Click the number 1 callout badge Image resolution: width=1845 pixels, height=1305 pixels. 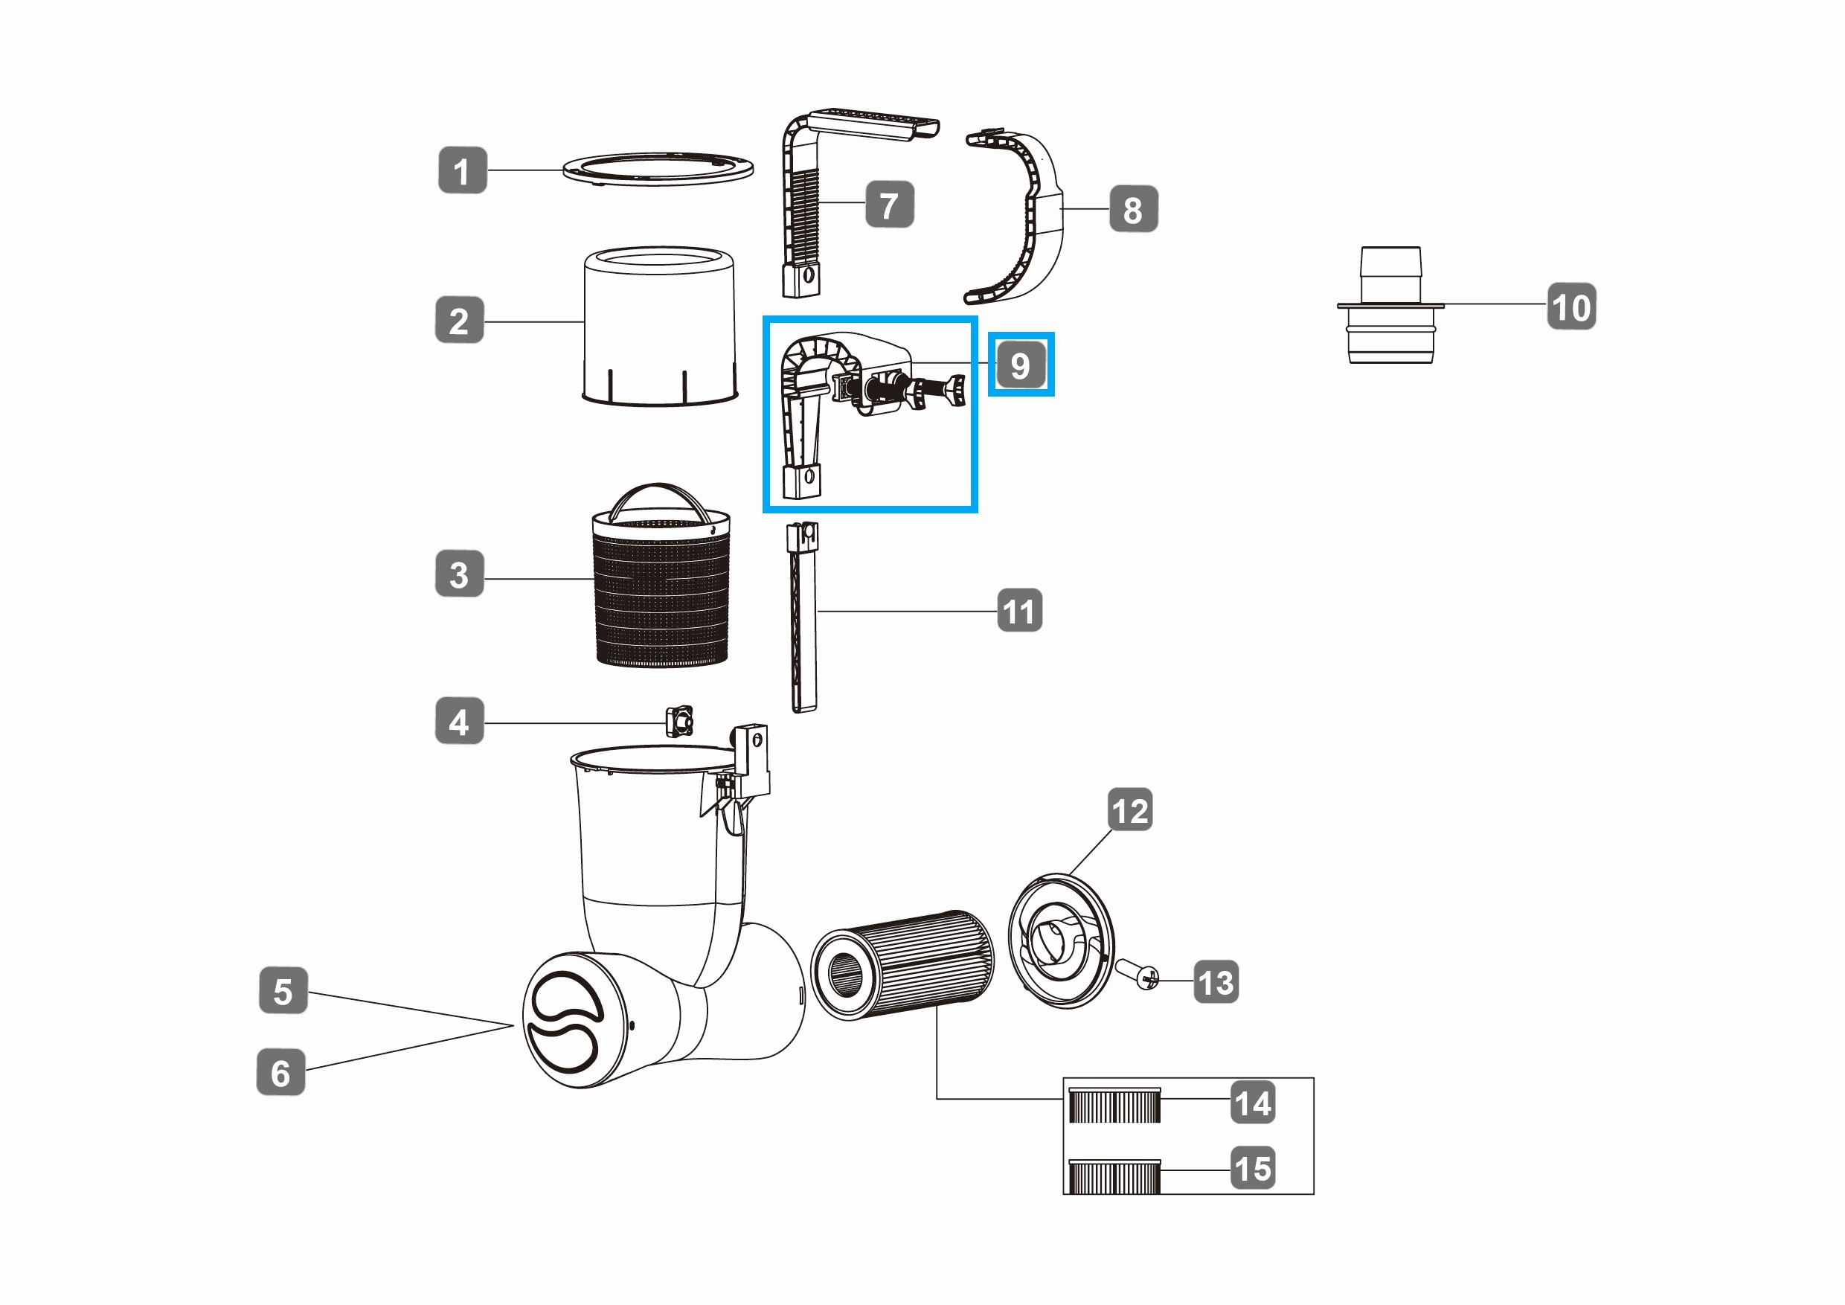[462, 170]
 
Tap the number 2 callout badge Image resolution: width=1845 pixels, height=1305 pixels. [459, 320]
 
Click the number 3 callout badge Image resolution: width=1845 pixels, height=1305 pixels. [459, 573]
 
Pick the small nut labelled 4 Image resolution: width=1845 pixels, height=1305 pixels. [679, 721]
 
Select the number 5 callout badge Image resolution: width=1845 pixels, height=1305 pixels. [283, 990]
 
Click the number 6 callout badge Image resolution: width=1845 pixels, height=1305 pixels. [280, 1071]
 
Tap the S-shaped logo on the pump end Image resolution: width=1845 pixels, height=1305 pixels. [564, 1022]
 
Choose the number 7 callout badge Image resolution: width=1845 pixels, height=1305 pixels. [889, 204]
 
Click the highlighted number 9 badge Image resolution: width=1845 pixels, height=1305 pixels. [1021, 364]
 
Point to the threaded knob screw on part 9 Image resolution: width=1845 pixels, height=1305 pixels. [916, 393]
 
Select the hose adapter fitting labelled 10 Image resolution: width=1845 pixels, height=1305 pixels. [1390, 304]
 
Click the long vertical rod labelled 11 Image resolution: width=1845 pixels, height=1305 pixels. [803, 617]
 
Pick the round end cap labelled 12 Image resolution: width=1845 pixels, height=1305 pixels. [1061, 940]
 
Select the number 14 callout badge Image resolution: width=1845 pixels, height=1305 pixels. [1253, 1102]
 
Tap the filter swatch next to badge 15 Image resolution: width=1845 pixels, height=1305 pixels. [1114, 1176]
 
